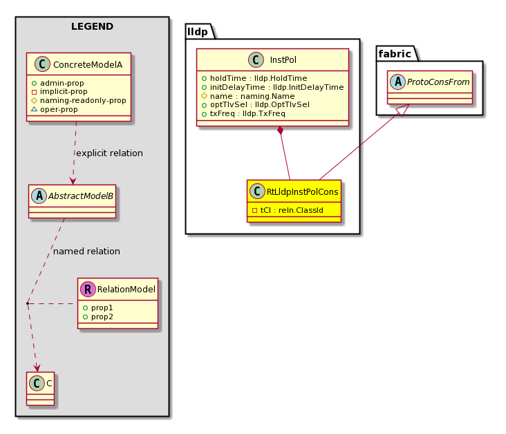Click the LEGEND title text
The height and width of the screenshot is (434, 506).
point(93,26)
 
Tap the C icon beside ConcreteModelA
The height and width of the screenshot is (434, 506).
point(42,64)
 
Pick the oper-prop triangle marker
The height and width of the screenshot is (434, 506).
point(34,109)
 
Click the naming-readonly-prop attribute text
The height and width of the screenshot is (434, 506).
point(83,100)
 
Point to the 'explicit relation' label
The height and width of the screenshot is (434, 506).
point(109,153)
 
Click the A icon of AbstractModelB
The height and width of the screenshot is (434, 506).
point(39,196)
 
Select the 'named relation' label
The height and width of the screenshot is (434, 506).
point(86,251)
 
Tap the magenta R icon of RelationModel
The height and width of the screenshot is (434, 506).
point(88,289)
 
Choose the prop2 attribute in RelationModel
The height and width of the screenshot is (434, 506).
point(102,317)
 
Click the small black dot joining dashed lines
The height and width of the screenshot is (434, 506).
point(28,303)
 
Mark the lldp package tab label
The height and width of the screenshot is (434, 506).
point(198,32)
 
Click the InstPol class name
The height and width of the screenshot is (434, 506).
point(283,60)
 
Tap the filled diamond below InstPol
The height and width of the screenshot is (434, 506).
point(281,131)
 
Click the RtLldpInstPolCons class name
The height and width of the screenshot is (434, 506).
point(302,192)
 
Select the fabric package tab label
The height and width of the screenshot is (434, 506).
point(395,54)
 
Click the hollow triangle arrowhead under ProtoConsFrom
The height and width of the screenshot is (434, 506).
point(404,110)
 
